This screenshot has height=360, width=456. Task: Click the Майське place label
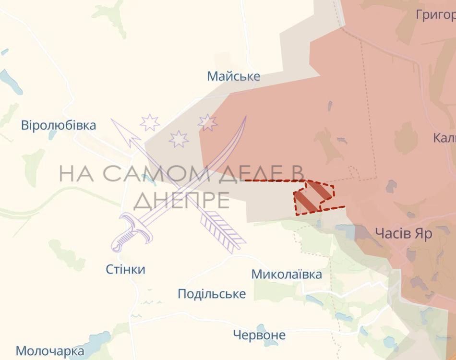234,76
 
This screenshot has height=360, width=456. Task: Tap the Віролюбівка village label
59,126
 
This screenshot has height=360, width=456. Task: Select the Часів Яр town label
403,234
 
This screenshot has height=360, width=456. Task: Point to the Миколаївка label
287,275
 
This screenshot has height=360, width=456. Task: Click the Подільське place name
212,294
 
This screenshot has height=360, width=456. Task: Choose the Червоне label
259,335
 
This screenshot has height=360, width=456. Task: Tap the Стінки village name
125,269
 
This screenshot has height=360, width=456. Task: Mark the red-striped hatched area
313,196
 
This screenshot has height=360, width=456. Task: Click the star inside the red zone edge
208,123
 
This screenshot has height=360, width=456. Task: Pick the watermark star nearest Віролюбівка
150,123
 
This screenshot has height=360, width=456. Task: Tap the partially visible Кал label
444,138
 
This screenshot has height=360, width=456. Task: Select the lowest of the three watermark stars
179,139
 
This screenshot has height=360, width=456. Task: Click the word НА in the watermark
77,173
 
